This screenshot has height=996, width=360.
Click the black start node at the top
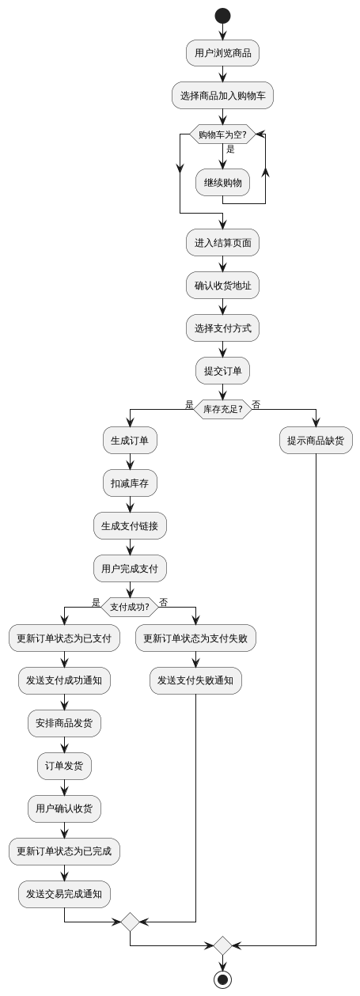point(222,16)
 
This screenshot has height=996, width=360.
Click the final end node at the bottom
point(222,979)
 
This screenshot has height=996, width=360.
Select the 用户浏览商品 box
point(222,53)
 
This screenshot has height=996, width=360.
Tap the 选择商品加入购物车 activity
point(222,96)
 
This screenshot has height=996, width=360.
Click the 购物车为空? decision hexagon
point(222,134)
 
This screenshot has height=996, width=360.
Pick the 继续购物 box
point(222,182)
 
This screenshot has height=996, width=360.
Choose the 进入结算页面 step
point(222,243)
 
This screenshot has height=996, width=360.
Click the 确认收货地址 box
point(222,286)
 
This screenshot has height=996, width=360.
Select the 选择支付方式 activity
point(222,328)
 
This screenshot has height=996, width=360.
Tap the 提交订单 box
point(222,370)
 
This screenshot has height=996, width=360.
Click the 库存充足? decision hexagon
point(222,409)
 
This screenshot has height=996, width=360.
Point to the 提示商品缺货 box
point(316,441)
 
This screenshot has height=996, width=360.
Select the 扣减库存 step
point(130,483)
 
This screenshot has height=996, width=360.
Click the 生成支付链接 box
point(130,525)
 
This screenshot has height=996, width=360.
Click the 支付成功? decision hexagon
point(130,607)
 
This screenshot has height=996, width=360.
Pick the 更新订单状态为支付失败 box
point(195,638)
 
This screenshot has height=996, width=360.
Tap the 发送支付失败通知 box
point(195,680)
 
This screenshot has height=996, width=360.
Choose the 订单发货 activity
point(64,766)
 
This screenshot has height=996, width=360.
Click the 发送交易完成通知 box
point(64,894)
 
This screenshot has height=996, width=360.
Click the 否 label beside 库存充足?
point(256,404)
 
